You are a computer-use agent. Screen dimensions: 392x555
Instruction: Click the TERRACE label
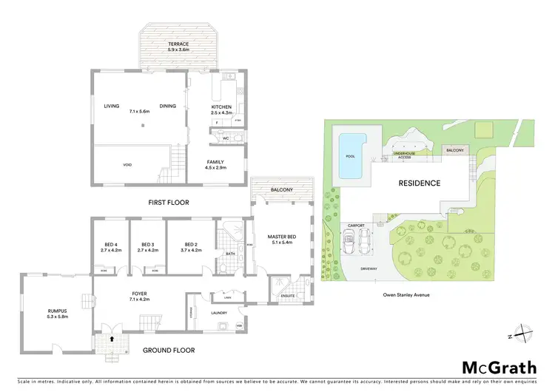(178, 44)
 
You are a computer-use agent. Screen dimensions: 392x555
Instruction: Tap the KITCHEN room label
(221, 107)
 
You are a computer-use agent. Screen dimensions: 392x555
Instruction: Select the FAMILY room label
(216, 162)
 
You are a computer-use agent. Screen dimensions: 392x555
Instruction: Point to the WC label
(225, 138)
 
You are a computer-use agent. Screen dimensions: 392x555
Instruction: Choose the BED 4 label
(108, 244)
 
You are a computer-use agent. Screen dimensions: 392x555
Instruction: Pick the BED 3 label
(147, 244)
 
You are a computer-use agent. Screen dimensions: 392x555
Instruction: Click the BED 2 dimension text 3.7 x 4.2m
(190, 250)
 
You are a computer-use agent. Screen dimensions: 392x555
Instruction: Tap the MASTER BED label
(283, 236)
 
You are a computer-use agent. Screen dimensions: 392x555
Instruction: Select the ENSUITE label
(288, 296)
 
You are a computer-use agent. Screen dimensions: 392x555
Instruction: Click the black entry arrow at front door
(112, 339)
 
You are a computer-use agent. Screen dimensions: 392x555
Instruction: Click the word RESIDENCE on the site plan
(420, 183)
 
